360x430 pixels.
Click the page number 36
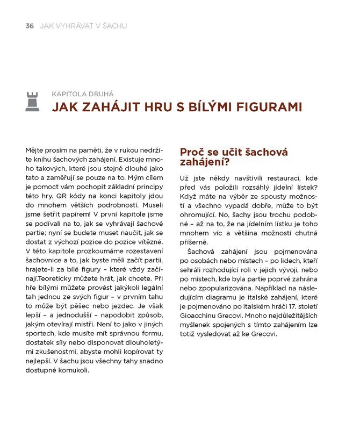30,25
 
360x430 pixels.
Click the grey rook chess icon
32,102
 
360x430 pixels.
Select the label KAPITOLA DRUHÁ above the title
82,94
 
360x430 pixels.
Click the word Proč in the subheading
191,152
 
